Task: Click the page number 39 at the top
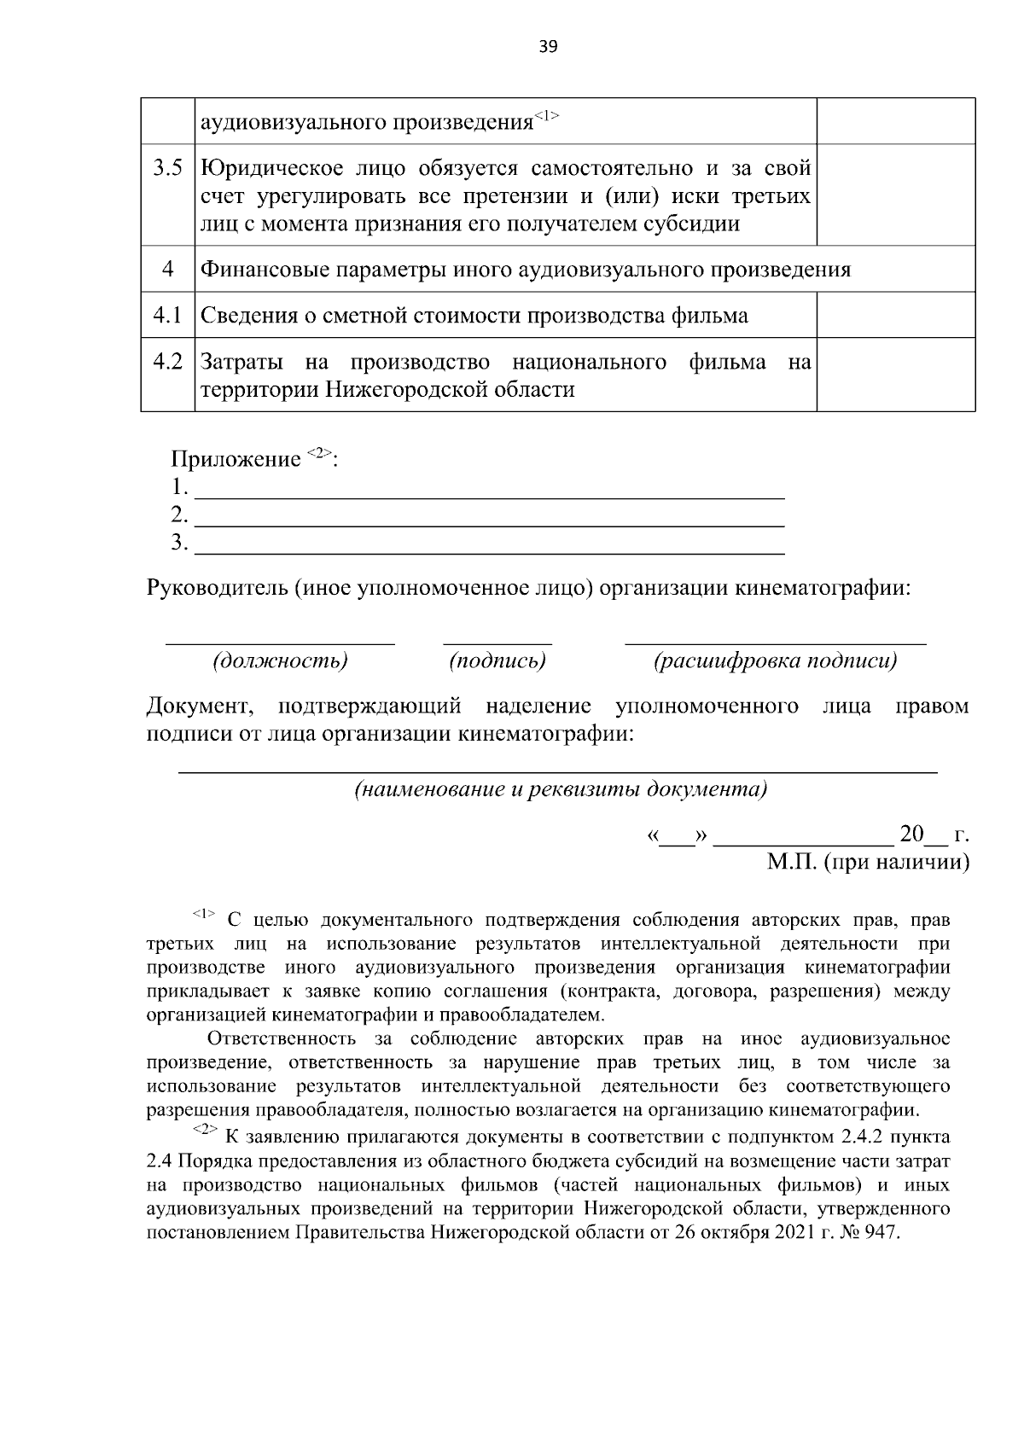548,47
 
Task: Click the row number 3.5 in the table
167,168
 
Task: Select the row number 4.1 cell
167,316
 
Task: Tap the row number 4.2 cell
167,362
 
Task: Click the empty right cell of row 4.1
895,315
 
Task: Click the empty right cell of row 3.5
895,195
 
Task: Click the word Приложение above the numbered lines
236,460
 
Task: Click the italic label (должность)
280,661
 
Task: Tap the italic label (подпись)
497,661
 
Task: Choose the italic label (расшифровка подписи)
775,661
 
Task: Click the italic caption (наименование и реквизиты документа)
561,789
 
